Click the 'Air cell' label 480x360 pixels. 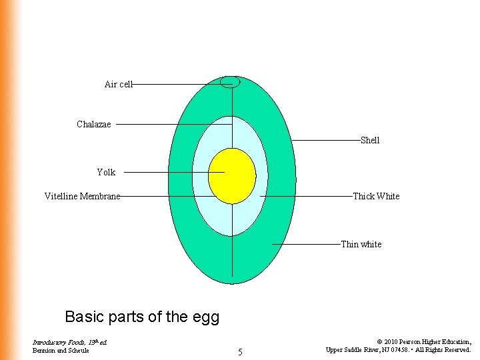click(x=118, y=84)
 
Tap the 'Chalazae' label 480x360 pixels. click(x=94, y=124)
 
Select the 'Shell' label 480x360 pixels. click(x=370, y=140)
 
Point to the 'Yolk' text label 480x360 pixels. click(x=106, y=172)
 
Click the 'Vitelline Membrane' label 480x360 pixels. click(x=82, y=196)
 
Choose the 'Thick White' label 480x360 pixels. click(x=376, y=196)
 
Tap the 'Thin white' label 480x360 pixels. click(x=361, y=244)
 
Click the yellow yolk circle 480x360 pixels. click(x=232, y=176)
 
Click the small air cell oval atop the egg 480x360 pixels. click(x=230, y=81)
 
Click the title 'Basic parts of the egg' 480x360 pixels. click(x=142, y=316)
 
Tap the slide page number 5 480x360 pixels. click(x=241, y=352)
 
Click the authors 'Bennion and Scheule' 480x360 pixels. click(x=61, y=350)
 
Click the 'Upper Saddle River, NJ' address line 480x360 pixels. click(x=398, y=349)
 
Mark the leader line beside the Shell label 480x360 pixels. click(x=327, y=140)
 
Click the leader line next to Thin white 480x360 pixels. click(x=307, y=244)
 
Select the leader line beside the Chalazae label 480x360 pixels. click(x=173, y=124)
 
